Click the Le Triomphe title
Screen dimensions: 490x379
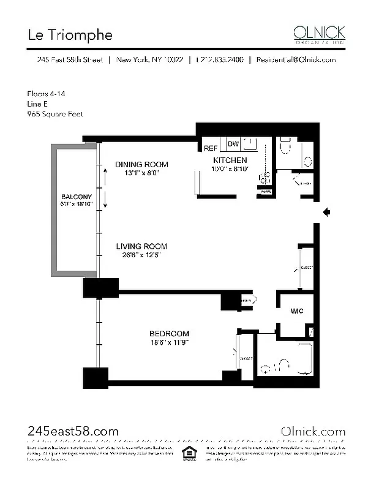coord(70,35)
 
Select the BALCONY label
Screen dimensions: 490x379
coord(77,197)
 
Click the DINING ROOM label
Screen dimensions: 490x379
coord(141,164)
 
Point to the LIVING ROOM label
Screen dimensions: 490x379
coord(141,246)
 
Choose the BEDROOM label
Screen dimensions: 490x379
coord(169,333)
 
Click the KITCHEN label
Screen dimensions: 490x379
coord(230,160)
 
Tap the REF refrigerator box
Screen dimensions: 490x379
coord(211,148)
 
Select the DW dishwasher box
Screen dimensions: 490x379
coord(233,144)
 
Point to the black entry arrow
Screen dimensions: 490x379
coord(327,213)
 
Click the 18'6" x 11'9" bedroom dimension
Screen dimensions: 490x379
coord(169,342)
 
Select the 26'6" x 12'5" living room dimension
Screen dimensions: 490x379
coord(141,255)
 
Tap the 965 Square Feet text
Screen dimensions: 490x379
coord(55,114)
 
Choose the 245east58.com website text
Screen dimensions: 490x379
coord(73,431)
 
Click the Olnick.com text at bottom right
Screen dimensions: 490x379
coord(312,431)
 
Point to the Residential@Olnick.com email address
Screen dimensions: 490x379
coord(296,60)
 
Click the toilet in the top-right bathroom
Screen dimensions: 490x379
coord(286,147)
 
